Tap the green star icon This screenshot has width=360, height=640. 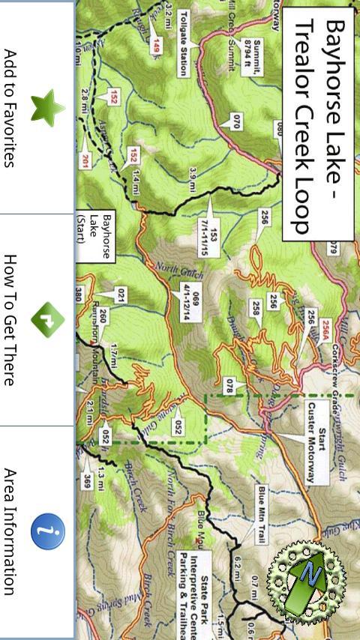[x=46, y=107]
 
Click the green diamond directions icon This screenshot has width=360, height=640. [x=46, y=320]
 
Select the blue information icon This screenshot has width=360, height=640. [x=46, y=532]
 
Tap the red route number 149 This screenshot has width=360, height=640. [x=156, y=44]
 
